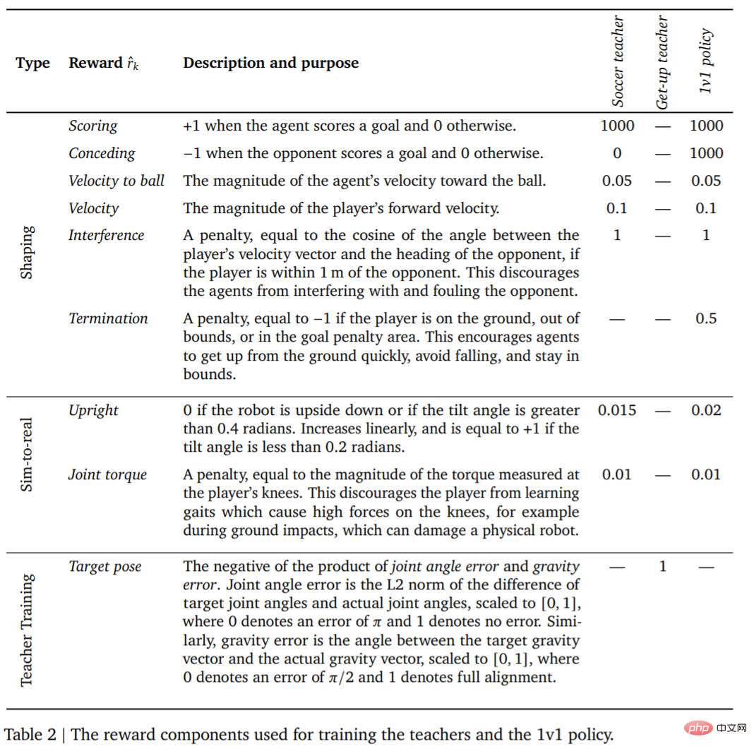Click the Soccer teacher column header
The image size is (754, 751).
tap(618, 62)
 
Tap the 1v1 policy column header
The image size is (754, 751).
tap(706, 61)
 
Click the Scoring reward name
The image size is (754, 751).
tap(93, 126)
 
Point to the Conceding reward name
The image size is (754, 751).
tap(102, 153)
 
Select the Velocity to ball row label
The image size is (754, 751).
tap(116, 181)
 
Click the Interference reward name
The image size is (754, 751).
tap(106, 235)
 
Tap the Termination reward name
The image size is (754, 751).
tap(108, 318)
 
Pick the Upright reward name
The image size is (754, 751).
tap(93, 410)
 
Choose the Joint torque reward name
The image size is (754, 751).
tap(107, 474)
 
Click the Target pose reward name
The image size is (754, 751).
tap(105, 566)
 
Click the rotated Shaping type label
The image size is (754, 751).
tap(26, 252)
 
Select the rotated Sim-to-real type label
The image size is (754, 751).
tap(26, 454)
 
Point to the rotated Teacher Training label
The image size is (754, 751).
tap(26, 630)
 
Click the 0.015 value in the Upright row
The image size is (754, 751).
tap(617, 410)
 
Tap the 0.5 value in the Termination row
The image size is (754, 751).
tap(706, 318)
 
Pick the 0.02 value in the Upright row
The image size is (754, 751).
tap(706, 410)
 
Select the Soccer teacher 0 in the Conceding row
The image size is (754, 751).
tap(617, 153)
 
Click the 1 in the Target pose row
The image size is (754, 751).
tap(662, 566)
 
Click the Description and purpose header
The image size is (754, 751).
tap(270, 63)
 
